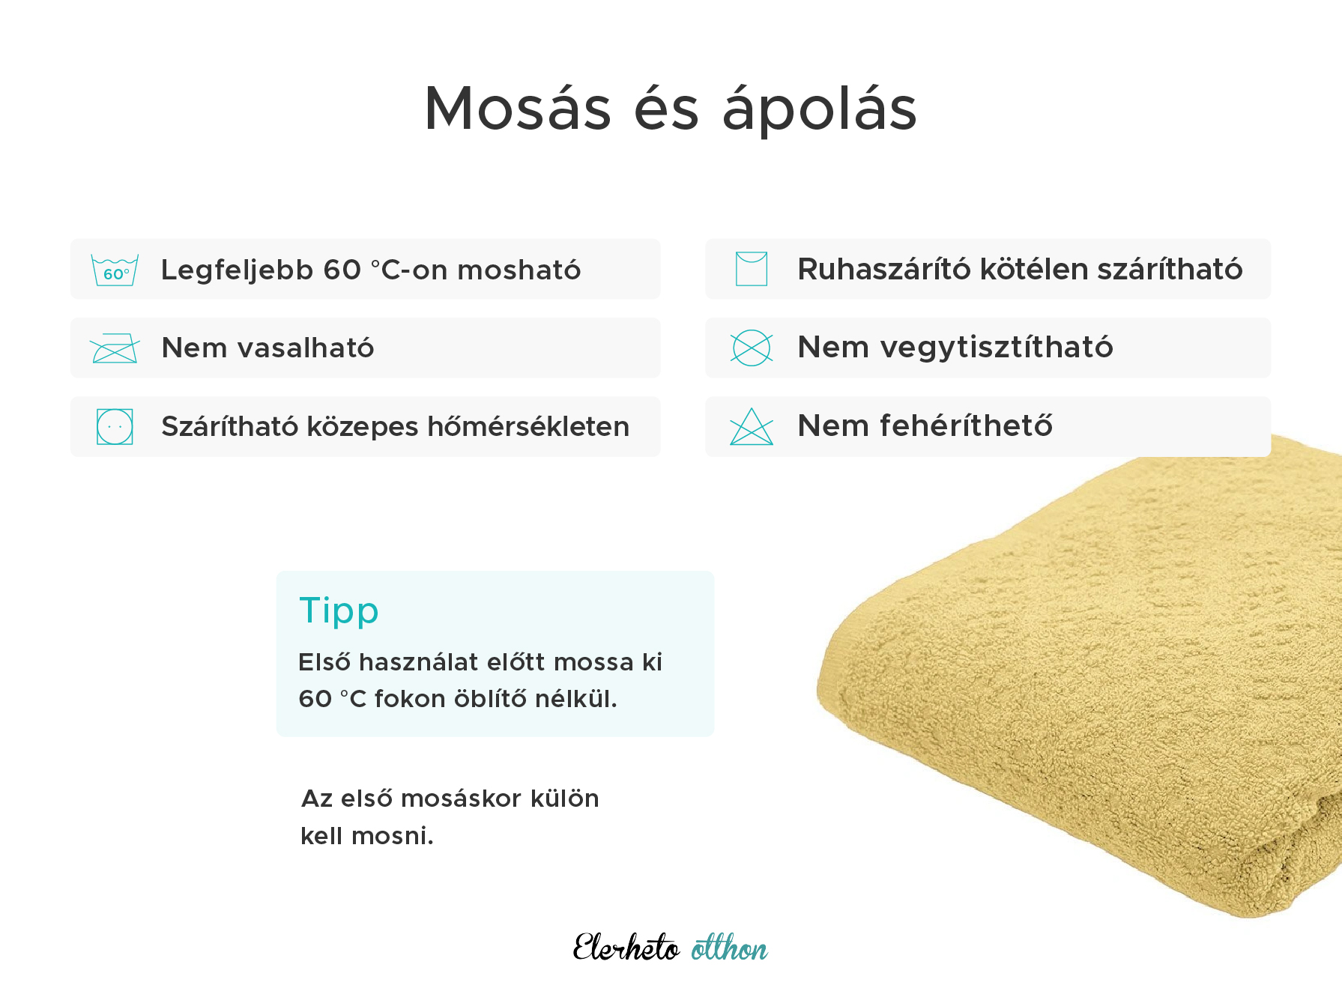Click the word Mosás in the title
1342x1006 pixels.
[x=518, y=109]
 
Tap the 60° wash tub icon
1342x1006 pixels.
[x=115, y=270]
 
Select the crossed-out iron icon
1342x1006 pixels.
[x=115, y=348]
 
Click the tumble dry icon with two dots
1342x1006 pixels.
[x=115, y=427]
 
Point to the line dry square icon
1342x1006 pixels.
[x=752, y=269]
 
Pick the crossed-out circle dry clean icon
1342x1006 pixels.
[x=752, y=348]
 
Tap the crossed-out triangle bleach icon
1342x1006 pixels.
[x=752, y=427]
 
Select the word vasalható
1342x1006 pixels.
[x=305, y=348]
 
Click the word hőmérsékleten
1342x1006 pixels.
[x=528, y=427]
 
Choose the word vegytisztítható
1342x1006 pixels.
[x=997, y=348]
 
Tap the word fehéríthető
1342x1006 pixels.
[x=966, y=426]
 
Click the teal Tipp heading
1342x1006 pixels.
[x=339, y=611]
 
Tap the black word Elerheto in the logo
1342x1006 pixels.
[x=626, y=948]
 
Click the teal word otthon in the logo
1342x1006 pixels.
[x=729, y=949]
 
